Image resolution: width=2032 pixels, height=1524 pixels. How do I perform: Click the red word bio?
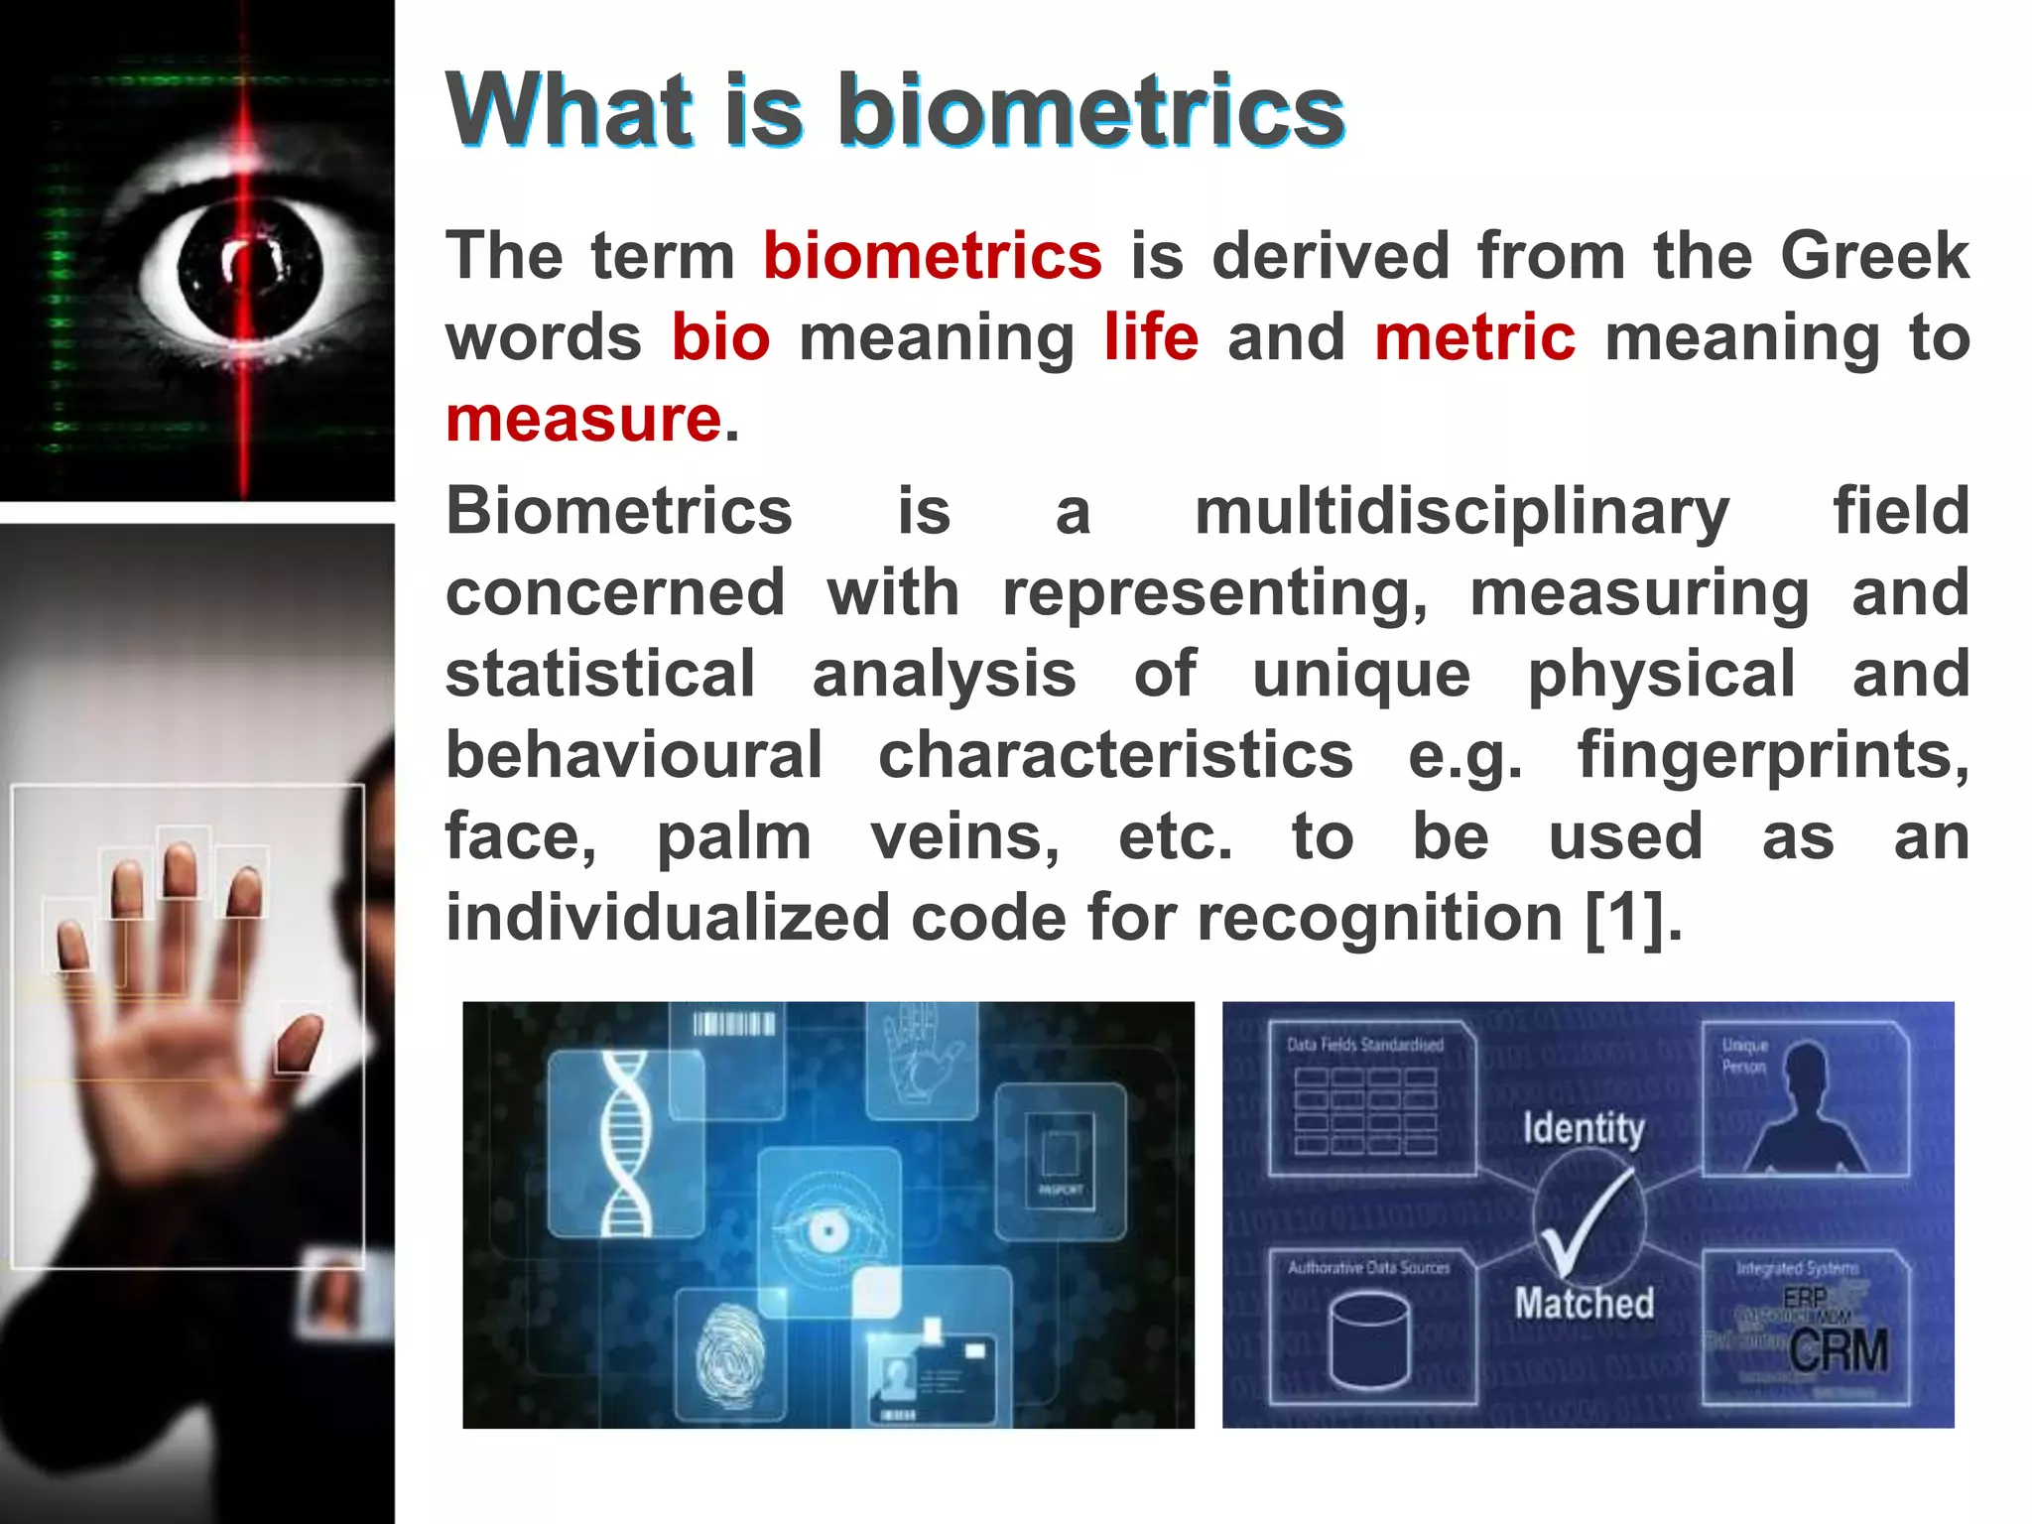[720, 337]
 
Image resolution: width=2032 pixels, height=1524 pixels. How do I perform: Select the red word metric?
[1474, 337]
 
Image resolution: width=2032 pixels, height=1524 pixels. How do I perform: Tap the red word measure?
[583, 419]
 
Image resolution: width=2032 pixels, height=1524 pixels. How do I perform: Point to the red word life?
[1151, 337]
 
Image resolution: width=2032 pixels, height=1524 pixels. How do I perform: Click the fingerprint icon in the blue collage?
[729, 1354]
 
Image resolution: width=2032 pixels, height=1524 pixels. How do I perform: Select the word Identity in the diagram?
[1584, 1128]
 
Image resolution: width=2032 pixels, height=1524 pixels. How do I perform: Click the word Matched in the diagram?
[1584, 1303]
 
